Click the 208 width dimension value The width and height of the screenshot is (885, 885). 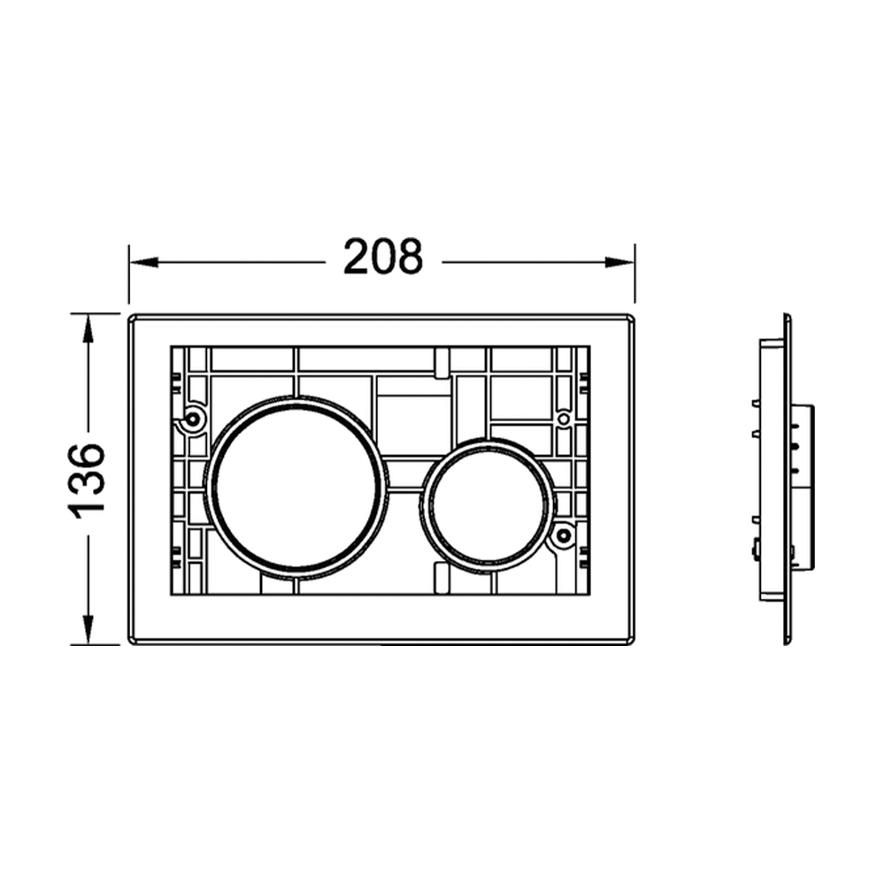[382, 257]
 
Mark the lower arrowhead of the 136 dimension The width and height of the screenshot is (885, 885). [88, 628]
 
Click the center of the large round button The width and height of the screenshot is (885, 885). [296, 488]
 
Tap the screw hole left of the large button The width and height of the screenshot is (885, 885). [193, 419]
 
